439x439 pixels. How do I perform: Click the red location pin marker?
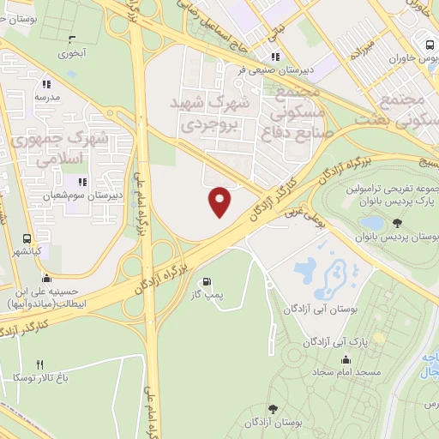pos(221,201)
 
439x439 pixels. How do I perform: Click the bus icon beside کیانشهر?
pos(27,240)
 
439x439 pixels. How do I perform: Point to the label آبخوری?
pos(72,52)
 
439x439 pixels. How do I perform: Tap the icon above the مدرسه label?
pos(46,84)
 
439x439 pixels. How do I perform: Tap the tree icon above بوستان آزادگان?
pos(274,409)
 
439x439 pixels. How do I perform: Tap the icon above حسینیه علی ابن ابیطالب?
pos(46,278)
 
